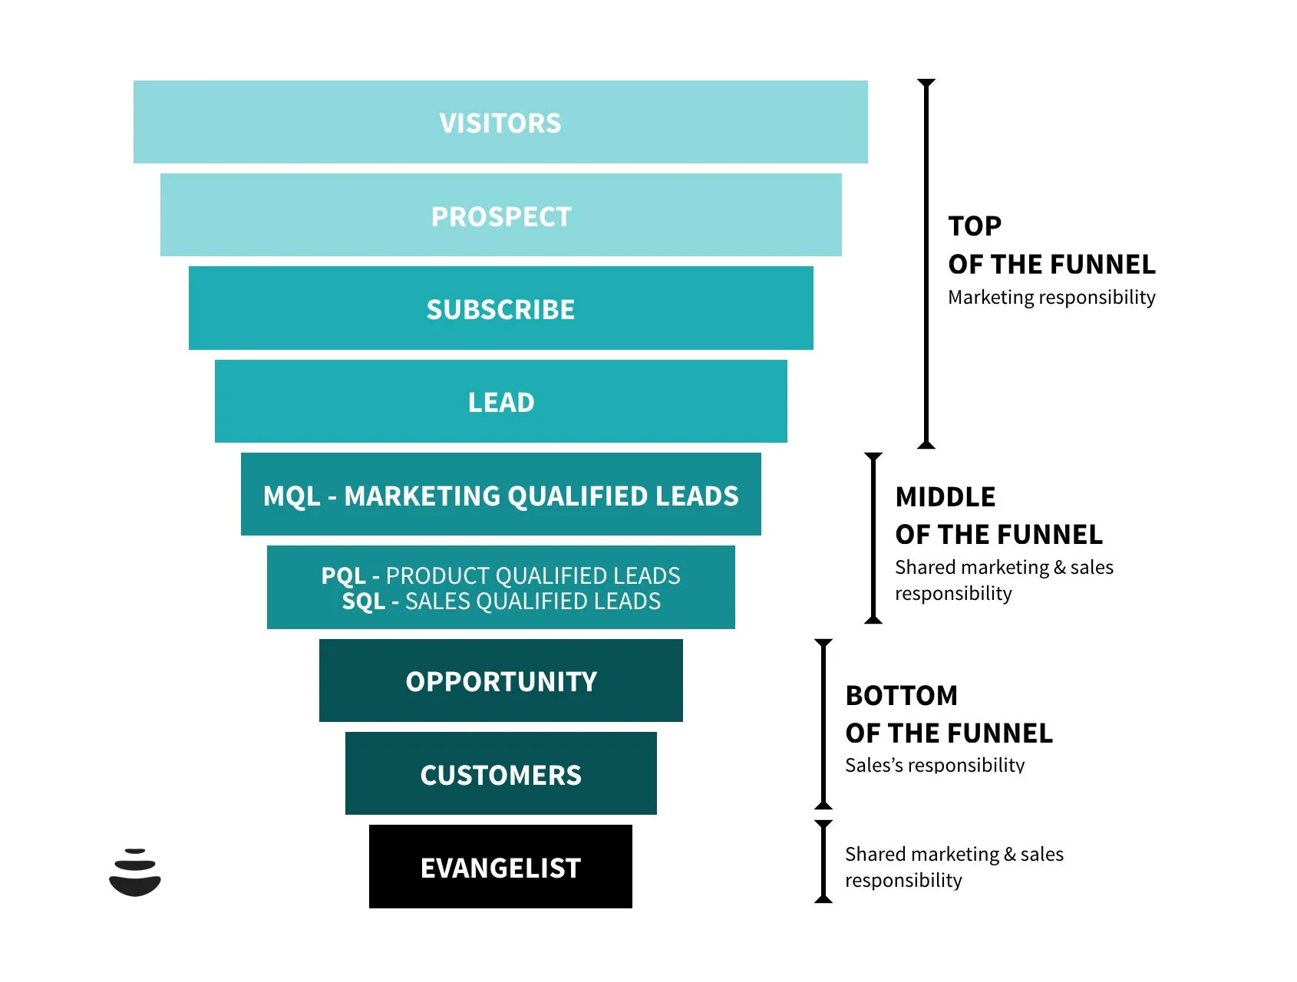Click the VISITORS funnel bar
[x=500, y=122]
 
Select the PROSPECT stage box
[x=500, y=216]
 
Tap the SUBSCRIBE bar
[x=500, y=308]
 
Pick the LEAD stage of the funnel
[x=500, y=401]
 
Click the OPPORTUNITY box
[x=500, y=680]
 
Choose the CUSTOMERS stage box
[x=500, y=773]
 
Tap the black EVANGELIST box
[x=500, y=867]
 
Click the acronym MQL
[x=291, y=496]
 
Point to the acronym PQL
[x=343, y=575]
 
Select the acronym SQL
[x=363, y=601]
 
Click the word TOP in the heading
[x=975, y=226]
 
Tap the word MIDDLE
[x=946, y=497]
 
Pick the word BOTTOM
[x=902, y=696]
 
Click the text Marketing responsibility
[x=1051, y=298]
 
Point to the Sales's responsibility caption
[x=935, y=765]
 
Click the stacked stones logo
[x=135, y=872]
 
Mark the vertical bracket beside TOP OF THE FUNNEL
[x=926, y=263]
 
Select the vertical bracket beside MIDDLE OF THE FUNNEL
[x=873, y=538]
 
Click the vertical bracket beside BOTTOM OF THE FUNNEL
[x=823, y=724]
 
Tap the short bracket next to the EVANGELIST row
[x=823, y=862]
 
